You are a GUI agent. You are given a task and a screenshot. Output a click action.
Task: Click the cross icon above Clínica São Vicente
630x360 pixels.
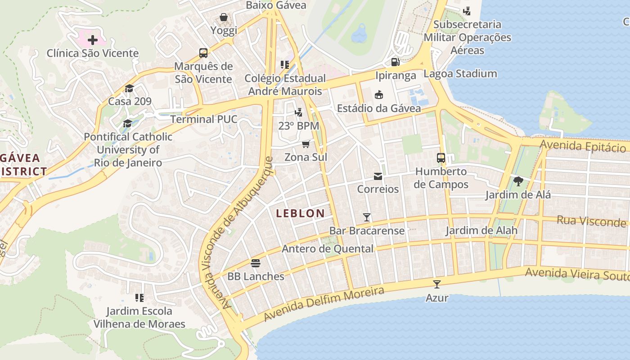tap(92, 40)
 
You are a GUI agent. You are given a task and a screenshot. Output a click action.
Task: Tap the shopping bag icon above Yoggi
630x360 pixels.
tap(223, 18)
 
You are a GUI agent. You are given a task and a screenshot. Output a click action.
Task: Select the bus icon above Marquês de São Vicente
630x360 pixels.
tap(203, 53)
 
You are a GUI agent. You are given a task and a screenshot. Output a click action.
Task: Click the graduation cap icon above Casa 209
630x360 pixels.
tap(130, 88)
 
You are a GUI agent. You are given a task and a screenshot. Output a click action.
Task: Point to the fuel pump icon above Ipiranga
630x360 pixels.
tap(396, 62)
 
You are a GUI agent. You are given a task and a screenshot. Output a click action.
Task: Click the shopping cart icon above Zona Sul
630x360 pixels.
tap(306, 144)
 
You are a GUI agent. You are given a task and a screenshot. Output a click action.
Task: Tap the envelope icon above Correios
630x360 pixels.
tap(378, 176)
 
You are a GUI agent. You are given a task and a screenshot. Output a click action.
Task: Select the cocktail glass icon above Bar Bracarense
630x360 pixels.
tap(367, 217)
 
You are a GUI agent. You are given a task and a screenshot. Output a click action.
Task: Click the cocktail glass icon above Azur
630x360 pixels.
tap(436, 284)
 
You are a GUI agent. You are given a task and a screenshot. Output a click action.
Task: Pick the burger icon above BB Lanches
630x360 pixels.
tap(256, 263)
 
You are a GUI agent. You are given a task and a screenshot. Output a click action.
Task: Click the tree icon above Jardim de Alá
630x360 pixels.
tap(518, 181)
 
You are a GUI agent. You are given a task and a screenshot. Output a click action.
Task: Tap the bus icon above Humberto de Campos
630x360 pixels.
tap(441, 158)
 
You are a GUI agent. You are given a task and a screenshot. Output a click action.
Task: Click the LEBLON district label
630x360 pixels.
tap(300, 213)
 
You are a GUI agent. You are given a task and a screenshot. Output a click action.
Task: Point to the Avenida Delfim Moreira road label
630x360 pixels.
tap(324, 304)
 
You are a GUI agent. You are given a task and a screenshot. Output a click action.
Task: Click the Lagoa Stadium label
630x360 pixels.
tap(460, 73)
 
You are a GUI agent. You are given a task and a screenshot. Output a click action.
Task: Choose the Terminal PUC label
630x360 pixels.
tap(203, 119)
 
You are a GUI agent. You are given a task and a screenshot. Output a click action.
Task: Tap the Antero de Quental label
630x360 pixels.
tap(328, 248)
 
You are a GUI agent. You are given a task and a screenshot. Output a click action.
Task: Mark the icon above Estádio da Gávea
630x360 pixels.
tap(379, 94)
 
